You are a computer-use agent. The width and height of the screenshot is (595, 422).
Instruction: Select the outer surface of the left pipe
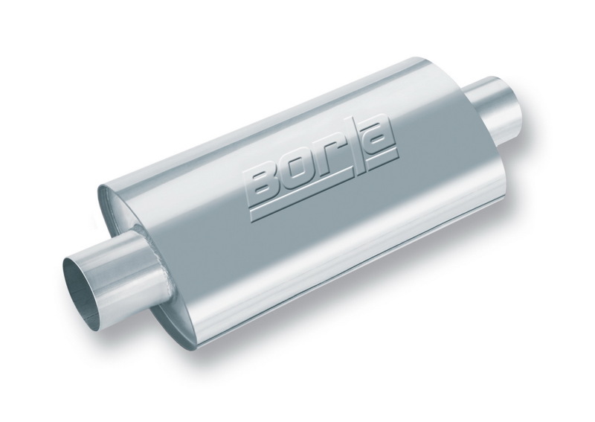[119, 268]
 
